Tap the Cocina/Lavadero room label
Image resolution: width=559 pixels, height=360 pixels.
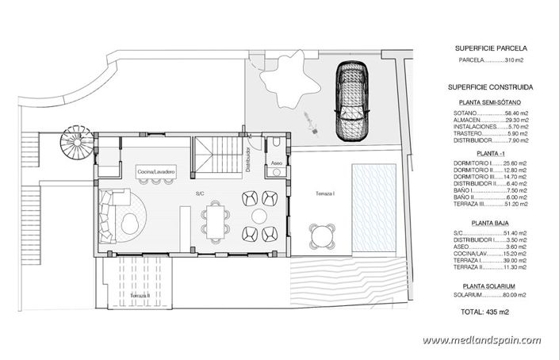(155, 171)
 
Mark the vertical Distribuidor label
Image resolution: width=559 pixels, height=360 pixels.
(248, 159)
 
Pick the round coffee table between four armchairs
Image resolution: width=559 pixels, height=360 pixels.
(259, 216)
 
